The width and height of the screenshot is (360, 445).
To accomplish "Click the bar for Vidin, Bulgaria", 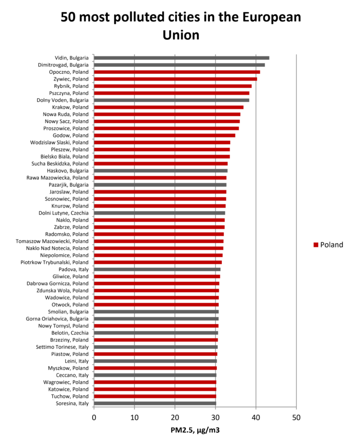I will [182, 58].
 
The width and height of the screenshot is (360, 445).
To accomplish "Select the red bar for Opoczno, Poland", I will [177, 72].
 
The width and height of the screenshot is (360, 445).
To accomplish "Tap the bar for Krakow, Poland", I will [168, 107].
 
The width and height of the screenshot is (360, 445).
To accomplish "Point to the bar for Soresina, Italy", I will [155, 403].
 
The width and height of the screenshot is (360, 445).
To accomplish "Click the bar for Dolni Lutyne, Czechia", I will [160, 213].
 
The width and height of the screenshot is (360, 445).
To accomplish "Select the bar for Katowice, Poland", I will [155, 389].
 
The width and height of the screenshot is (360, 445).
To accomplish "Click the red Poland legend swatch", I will [316, 245].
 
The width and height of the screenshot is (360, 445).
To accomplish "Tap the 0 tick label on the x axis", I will [94, 417].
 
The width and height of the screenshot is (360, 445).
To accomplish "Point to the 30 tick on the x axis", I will [216, 417].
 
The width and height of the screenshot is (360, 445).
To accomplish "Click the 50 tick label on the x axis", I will [296, 417].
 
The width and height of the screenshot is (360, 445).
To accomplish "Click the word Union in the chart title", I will [181, 35].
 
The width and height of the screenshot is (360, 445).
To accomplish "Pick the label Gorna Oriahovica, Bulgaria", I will [57, 318].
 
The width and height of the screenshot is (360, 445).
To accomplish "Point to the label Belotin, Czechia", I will [70, 333].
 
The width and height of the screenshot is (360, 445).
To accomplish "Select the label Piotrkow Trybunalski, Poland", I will [54, 262].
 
